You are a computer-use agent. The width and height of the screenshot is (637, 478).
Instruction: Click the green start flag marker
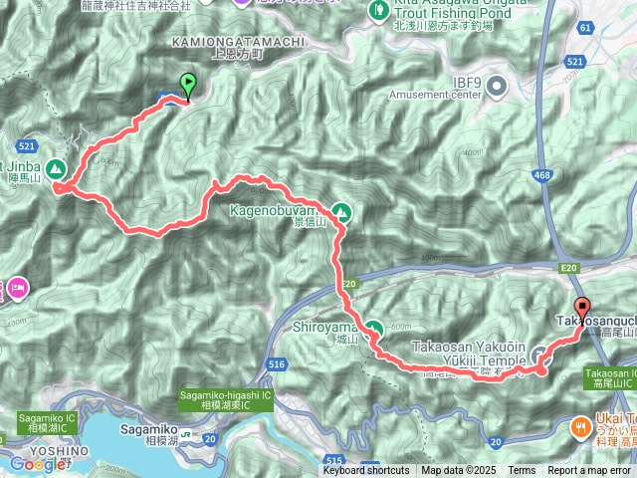pos(186,86)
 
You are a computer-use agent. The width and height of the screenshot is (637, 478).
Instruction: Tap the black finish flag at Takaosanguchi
pos(582,307)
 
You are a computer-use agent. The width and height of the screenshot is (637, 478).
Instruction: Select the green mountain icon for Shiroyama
pos(373,328)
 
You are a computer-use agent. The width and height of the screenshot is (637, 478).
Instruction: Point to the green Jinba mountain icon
pos(55,169)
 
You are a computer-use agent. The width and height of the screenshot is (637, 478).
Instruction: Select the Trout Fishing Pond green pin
pos(378,11)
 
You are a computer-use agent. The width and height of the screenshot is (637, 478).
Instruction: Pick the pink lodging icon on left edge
pos(18,288)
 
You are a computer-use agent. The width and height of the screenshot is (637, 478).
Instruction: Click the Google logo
pos(37,463)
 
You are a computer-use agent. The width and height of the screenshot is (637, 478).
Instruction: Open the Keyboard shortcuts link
pos(365,470)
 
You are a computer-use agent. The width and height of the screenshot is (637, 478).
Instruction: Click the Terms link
pos(521,470)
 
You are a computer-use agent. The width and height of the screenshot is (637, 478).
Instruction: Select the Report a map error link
pos(590,470)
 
